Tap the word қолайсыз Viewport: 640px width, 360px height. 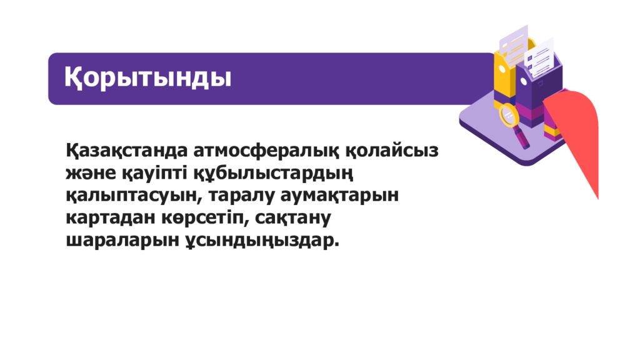coord(392,151)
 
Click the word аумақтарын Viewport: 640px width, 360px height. coord(340,196)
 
